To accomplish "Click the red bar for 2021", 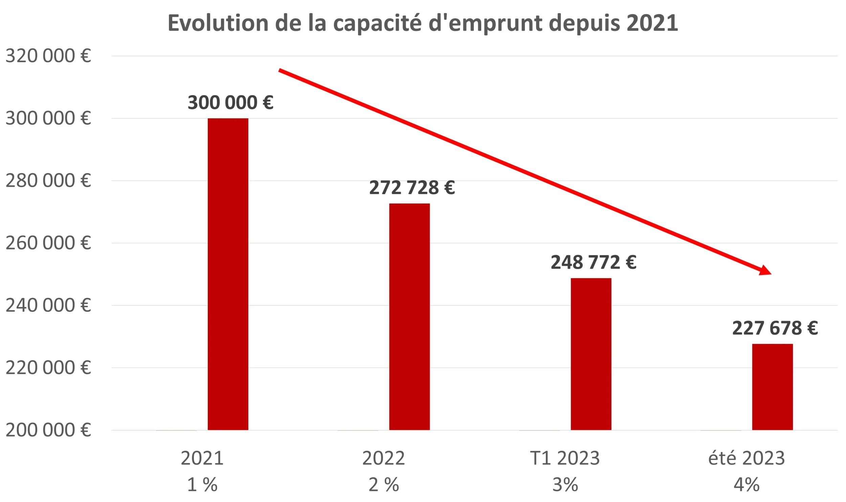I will click(228, 274).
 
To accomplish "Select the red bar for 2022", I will click(409, 317).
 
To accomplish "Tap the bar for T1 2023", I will click(591, 354).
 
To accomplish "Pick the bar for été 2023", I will click(772, 387).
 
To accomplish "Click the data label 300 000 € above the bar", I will click(230, 102).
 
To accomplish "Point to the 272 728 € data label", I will click(412, 188).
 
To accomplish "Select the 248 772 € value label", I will click(594, 263).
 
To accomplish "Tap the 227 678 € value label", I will click(775, 328).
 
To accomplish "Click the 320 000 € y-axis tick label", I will click(48, 56).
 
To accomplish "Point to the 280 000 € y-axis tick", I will click(48, 181).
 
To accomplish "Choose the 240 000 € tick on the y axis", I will click(48, 305).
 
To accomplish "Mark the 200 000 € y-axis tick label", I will click(48, 430).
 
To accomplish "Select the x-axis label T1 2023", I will click(565, 458).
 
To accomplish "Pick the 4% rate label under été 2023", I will click(747, 485).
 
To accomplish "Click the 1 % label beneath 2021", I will click(202, 485).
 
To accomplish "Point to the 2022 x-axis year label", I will click(383, 458).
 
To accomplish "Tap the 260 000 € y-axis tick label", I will click(48, 243).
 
